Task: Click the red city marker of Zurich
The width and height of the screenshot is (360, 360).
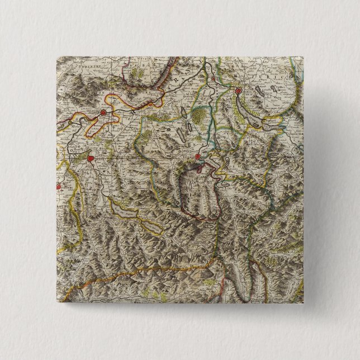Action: tap(238, 92)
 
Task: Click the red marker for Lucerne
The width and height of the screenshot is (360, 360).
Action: tap(197, 157)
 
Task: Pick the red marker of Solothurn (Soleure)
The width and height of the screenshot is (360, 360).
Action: tap(103, 113)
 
